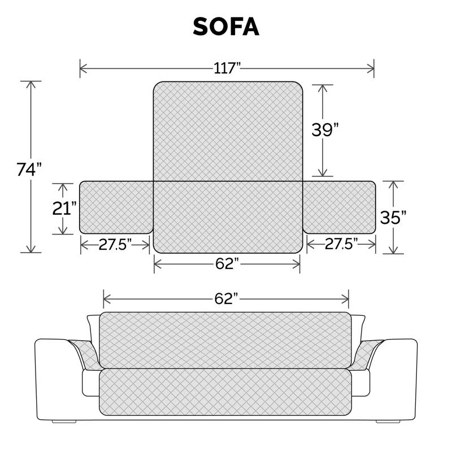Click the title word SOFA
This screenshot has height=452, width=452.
(226, 27)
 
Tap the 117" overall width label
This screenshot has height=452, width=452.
(227, 69)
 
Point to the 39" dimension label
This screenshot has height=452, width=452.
(325, 129)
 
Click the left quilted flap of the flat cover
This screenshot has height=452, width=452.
(116, 207)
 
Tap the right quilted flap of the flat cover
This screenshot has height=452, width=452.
(339, 207)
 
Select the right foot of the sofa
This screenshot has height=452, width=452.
(386, 421)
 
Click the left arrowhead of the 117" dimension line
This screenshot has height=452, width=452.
(82, 69)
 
